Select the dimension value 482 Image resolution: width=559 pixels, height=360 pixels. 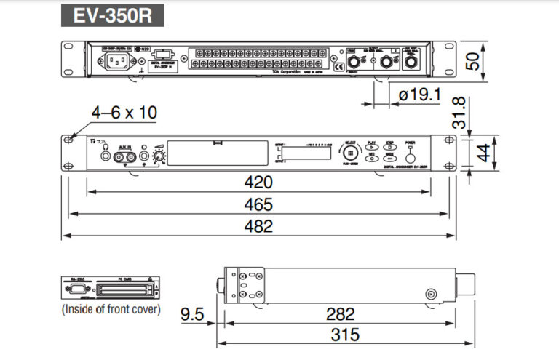[x=258, y=226]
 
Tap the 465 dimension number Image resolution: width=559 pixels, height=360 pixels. [x=258, y=204]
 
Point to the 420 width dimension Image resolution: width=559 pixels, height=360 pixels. [x=258, y=182]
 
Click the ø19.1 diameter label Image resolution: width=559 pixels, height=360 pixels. [x=420, y=95]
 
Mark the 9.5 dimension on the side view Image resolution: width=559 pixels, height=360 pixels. [x=194, y=314]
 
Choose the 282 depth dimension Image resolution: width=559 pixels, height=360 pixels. [x=340, y=314]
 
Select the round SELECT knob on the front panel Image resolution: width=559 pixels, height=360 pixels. [x=352, y=153]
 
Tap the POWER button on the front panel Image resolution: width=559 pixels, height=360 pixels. [x=411, y=154]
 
